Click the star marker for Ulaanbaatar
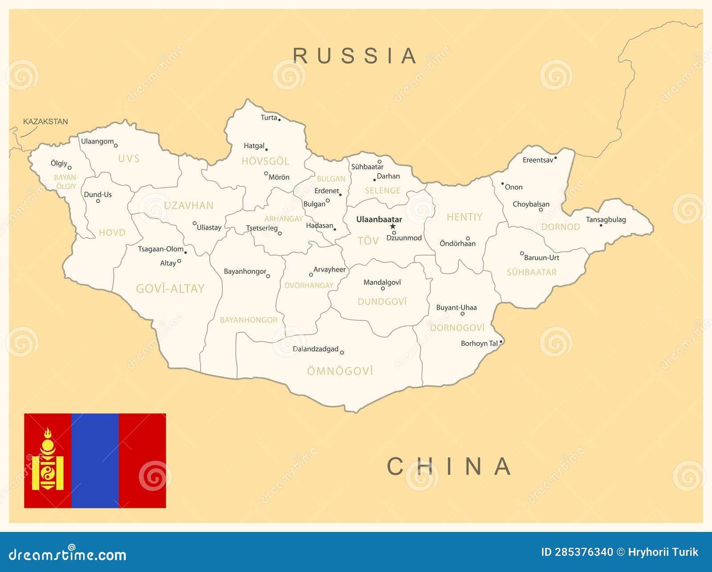tap(392, 227)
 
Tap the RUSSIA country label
tap(355, 56)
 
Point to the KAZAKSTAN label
tap(45, 122)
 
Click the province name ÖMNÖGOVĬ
tap(340, 371)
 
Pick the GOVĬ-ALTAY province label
tap(170, 289)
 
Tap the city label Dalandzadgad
tap(316, 349)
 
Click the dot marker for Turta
tap(279, 120)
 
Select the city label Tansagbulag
tap(606, 219)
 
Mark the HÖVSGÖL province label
tap(265, 161)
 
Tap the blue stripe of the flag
tap(95, 461)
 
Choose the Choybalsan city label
tap(531, 204)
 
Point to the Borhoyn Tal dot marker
tap(501, 342)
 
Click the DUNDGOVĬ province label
tap(382, 302)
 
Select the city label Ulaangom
tap(97, 142)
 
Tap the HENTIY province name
tap(465, 217)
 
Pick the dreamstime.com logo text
tap(68, 555)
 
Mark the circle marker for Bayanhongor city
tap(268, 276)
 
